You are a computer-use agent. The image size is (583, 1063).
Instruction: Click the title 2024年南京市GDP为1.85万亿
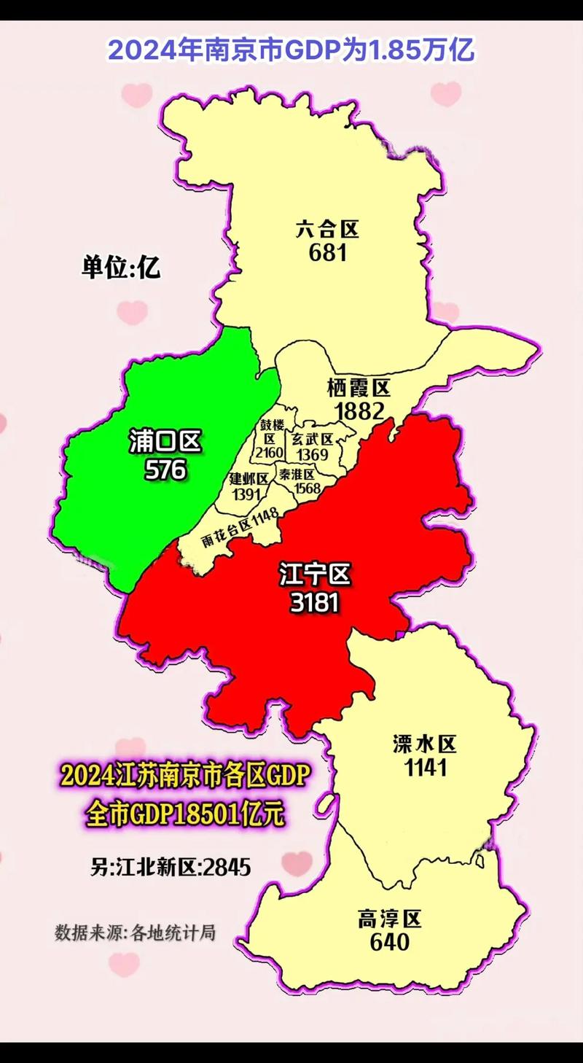(x=291, y=50)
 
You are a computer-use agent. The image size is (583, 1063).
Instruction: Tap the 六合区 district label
(x=328, y=230)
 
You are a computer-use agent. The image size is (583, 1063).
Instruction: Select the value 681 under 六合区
(x=328, y=253)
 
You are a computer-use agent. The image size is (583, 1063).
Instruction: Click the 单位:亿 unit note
(x=121, y=268)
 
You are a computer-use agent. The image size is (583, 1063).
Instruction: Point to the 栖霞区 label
(x=359, y=388)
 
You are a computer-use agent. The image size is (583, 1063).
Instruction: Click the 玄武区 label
(x=312, y=440)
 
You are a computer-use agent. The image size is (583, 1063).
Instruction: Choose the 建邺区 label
(x=249, y=479)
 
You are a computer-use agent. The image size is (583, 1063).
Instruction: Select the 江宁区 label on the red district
(x=315, y=576)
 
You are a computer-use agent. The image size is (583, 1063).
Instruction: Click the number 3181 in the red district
(x=315, y=602)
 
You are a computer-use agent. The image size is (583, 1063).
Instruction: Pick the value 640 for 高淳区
(x=390, y=942)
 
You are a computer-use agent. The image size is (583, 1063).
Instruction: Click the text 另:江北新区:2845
(x=171, y=868)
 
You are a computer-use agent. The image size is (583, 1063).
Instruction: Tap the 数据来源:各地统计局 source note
(x=135, y=932)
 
